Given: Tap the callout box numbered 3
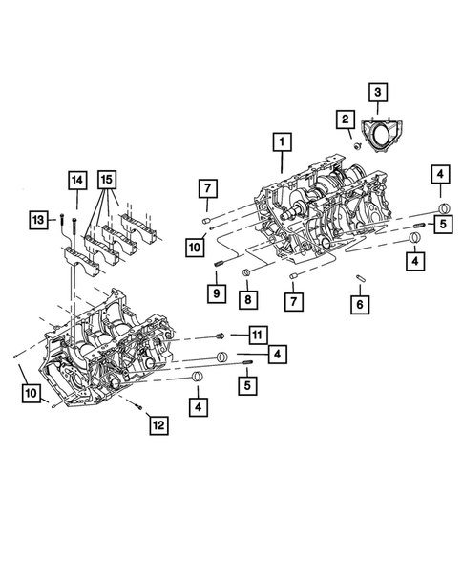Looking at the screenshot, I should tap(378, 92).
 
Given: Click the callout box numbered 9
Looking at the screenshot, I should tap(217, 292).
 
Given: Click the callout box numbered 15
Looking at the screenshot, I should tap(108, 179).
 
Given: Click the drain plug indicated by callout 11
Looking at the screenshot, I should tap(221, 336).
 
